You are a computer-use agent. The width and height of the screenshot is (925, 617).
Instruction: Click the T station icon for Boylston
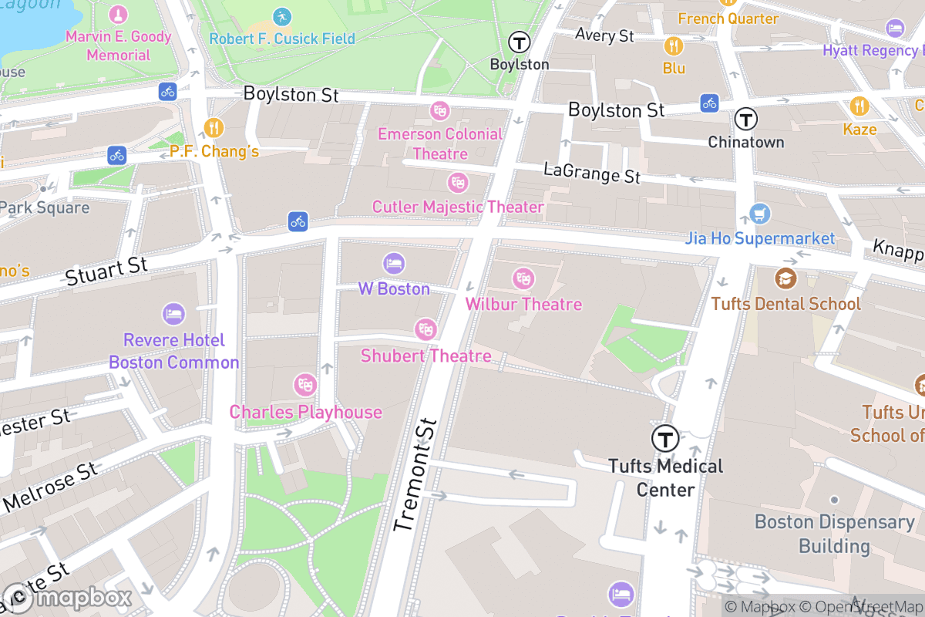pyautogui.click(x=520, y=42)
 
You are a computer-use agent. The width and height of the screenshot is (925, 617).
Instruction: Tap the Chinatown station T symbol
pyautogui.click(x=745, y=119)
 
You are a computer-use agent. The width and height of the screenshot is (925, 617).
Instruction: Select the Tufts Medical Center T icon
pyautogui.click(x=665, y=439)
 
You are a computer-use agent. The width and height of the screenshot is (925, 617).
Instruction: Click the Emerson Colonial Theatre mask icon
pyautogui.click(x=439, y=110)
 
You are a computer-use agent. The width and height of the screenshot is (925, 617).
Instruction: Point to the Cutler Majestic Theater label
pyautogui.click(x=458, y=207)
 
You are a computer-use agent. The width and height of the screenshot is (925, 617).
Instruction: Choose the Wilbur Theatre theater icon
pyautogui.click(x=523, y=278)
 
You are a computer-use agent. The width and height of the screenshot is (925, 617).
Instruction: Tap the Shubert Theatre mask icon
pyautogui.click(x=425, y=329)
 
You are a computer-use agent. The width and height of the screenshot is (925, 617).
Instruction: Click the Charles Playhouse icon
pyautogui.click(x=305, y=384)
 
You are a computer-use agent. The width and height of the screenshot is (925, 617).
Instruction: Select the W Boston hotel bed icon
pyautogui.click(x=394, y=263)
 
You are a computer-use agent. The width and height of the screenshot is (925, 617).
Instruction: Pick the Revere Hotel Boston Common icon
pyautogui.click(x=173, y=314)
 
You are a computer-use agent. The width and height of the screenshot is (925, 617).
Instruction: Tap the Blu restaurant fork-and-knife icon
pyautogui.click(x=674, y=46)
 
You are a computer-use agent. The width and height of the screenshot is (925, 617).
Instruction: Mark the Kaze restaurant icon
pyautogui.click(x=859, y=106)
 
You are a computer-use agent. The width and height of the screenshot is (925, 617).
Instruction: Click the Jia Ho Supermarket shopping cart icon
pyautogui.click(x=760, y=213)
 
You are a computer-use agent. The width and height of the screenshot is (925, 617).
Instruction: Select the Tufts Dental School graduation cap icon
pyautogui.click(x=785, y=278)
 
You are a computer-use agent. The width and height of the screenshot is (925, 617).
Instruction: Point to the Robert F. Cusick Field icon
pyautogui.click(x=282, y=16)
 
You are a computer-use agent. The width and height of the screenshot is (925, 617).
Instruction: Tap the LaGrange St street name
pyautogui.click(x=592, y=173)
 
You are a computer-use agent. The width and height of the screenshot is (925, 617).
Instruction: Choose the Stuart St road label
pyautogui.click(x=106, y=271)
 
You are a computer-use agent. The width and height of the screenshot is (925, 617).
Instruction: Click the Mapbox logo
pyautogui.click(x=68, y=598)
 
